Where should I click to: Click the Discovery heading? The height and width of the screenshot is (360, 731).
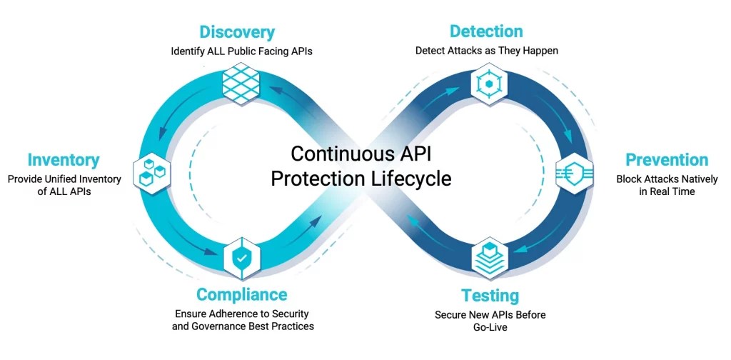coord(237,32)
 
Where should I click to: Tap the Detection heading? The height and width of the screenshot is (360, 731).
coord(486,31)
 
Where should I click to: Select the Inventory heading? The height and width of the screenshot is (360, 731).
coord(64,160)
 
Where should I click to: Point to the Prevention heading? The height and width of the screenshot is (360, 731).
coord(667,159)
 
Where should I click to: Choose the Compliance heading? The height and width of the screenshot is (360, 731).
coord(242,294)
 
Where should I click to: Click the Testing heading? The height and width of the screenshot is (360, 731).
coord(490,296)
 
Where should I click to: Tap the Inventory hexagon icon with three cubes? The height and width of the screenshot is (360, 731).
coord(152,170)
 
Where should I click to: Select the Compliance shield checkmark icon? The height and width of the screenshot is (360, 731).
coord(242,259)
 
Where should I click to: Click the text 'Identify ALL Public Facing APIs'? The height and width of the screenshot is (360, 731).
coord(242,51)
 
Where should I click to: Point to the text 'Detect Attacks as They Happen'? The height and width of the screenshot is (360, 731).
coord(487,51)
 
